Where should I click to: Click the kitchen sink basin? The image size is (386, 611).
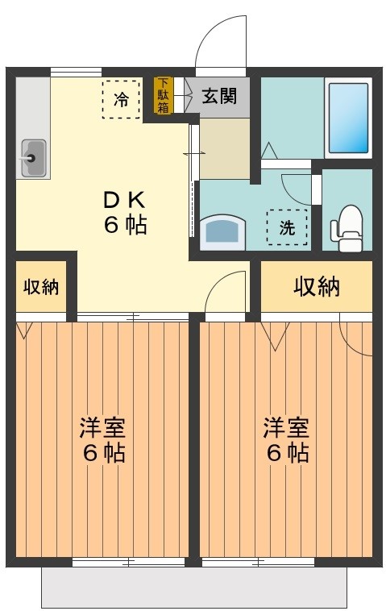33,158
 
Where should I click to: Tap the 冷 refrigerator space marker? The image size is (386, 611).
121,100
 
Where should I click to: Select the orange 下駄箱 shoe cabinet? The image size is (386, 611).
164,95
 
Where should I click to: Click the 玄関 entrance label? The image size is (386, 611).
218,96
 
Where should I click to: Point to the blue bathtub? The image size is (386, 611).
349,118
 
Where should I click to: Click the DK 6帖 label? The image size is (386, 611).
125,212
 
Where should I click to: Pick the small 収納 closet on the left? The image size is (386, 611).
40,286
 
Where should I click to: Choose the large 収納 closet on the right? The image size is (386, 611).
316,286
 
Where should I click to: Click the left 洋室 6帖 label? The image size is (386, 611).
102,439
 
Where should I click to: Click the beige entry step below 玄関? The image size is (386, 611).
224,149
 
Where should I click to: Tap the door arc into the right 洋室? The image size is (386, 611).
226,292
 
